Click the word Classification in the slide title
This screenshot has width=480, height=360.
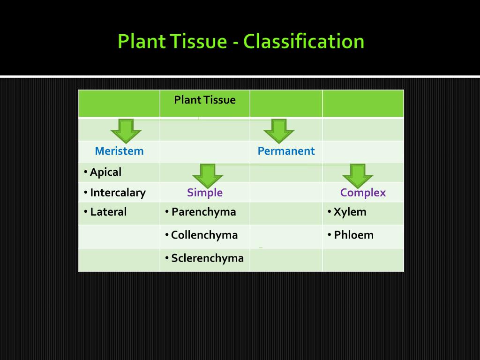coord(304,41)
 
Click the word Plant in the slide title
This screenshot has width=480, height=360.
coord(141,41)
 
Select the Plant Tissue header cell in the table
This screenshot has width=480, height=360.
coord(205,100)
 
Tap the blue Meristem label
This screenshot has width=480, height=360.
coord(119,151)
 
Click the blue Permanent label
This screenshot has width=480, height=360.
coord(286,151)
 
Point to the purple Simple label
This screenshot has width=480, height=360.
coord(205,193)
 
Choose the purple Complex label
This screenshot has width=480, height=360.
coord(363,193)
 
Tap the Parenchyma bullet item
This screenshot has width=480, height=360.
coord(203,212)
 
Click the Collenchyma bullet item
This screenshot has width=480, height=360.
coord(204,235)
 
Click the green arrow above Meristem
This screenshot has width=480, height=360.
coord(126,131)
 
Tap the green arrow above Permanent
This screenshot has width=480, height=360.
coord(278,131)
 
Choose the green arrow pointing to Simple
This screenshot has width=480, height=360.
coord(207,175)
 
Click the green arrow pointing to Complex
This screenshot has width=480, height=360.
coord(358,175)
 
